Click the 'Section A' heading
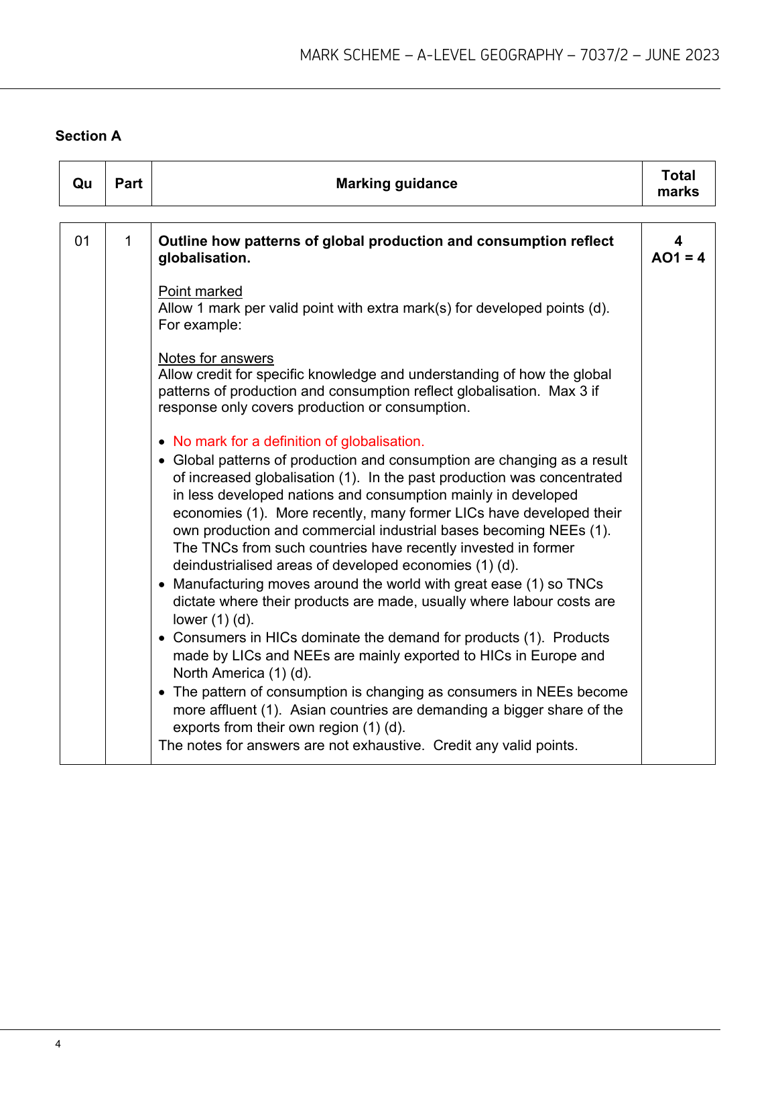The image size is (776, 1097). pos(88,136)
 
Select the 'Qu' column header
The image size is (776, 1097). pos(82,184)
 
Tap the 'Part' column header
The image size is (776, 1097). pos(128,184)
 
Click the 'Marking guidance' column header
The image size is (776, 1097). pos(396,184)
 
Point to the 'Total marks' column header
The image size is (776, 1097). pos(678,184)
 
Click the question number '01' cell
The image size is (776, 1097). pos(82,241)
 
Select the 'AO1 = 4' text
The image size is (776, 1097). pos(678,258)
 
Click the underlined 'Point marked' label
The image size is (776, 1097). pos(200,291)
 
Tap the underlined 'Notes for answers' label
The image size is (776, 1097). pos(216,358)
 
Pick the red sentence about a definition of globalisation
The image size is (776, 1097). pos(298,441)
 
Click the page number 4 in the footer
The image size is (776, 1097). pos(58,1044)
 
